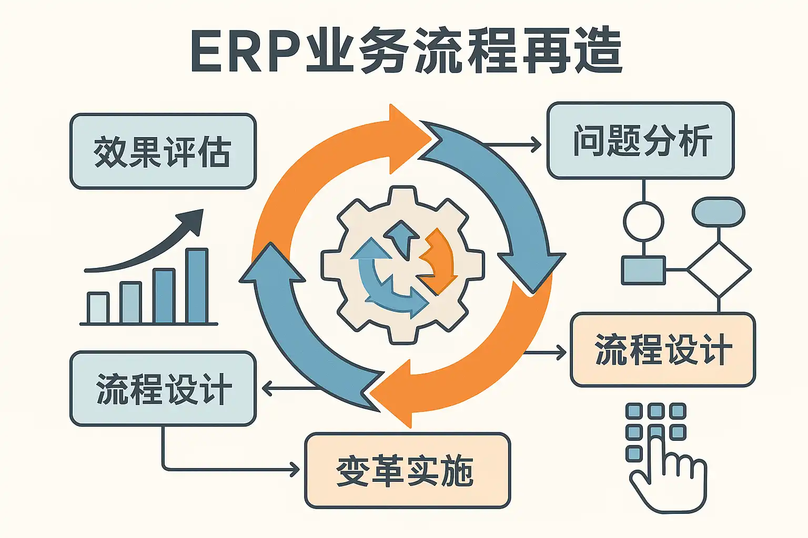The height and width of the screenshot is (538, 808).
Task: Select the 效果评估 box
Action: point(163,151)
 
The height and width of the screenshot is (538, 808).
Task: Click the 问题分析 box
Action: point(641,140)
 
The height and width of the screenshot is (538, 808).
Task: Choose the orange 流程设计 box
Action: point(663,350)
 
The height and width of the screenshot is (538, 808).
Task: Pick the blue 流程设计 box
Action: point(163,389)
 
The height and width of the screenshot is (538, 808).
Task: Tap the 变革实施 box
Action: point(408,471)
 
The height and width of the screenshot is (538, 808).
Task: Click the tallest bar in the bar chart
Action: point(197,286)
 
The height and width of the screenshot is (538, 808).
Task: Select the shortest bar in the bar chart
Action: point(98,308)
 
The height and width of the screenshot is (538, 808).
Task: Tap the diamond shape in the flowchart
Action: point(719,270)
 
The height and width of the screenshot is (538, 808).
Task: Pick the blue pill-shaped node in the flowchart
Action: point(719,212)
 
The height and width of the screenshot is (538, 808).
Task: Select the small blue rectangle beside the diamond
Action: point(643,270)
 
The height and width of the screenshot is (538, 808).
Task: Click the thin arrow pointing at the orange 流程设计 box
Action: point(544,353)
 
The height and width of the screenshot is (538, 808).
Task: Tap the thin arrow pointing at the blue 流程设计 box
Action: point(291,389)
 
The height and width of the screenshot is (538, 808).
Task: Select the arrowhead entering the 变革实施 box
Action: point(295,470)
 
